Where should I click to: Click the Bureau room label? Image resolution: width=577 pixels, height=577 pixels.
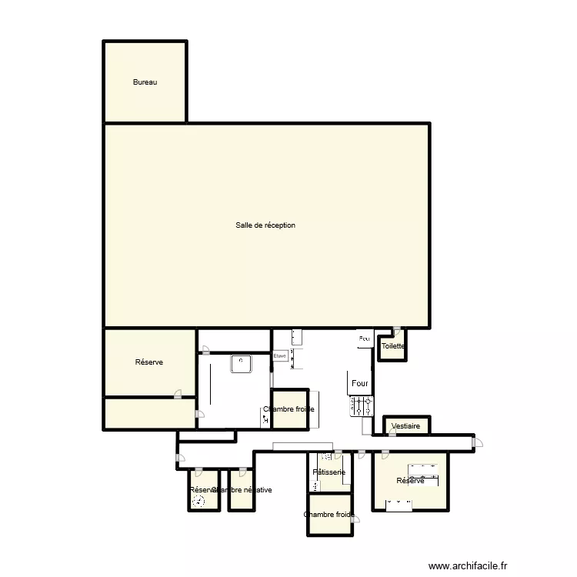click(x=145, y=82)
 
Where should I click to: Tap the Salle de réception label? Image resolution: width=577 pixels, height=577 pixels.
click(x=265, y=225)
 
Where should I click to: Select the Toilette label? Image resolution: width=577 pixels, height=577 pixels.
click(x=393, y=346)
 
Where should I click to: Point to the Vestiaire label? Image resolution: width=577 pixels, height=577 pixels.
click(x=405, y=425)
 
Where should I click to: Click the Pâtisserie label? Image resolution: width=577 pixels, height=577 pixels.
click(x=329, y=472)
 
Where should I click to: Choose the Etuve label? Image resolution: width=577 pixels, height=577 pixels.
click(x=280, y=355)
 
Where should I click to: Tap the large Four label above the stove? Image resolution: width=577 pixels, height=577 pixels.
click(x=360, y=383)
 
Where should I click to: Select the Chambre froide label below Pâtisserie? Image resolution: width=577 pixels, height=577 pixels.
click(x=329, y=515)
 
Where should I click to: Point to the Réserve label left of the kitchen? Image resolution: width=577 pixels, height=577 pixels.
click(x=148, y=362)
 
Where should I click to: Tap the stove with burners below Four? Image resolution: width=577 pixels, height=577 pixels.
click(x=362, y=405)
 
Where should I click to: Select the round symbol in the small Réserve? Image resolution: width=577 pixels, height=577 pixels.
click(x=199, y=501)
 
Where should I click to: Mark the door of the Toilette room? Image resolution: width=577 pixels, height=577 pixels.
click(x=396, y=332)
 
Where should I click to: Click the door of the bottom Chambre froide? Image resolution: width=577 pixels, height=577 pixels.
click(x=355, y=520)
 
